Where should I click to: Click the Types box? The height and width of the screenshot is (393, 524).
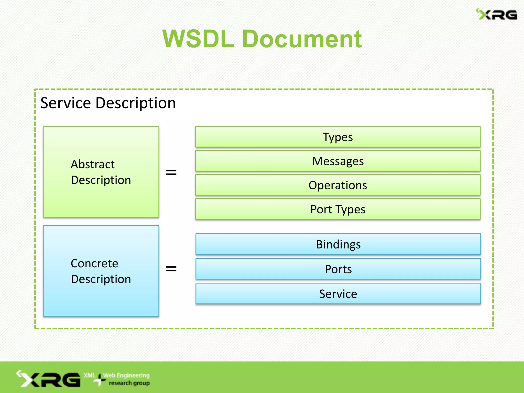(338, 137)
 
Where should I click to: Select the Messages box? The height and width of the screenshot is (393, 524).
(338, 161)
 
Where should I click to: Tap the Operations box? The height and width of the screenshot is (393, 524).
(338, 185)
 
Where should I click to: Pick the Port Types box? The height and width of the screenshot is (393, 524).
(338, 209)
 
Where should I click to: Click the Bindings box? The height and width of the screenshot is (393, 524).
(338, 244)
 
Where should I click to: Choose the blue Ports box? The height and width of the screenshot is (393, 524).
(338, 269)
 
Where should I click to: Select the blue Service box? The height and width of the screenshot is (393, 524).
(338, 293)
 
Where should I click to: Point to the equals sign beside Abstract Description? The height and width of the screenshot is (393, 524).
(171, 172)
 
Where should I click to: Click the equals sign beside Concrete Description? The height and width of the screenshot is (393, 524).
(171, 269)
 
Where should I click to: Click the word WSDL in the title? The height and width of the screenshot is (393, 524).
(199, 39)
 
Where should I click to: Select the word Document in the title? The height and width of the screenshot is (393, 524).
(302, 39)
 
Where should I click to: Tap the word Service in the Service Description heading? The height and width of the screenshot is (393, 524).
(65, 103)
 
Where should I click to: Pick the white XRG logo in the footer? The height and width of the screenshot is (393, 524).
(49, 379)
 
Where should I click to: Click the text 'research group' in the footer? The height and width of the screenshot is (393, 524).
(129, 383)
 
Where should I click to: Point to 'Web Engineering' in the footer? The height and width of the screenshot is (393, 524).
(126, 375)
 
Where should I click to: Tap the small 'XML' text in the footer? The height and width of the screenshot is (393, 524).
(90, 375)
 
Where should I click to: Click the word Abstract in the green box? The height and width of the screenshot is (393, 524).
(93, 164)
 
